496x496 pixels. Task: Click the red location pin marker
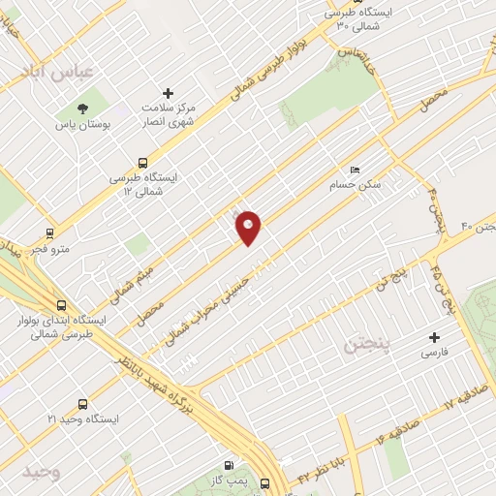click(249, 228)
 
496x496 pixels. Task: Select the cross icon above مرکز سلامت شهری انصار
click(169, 93)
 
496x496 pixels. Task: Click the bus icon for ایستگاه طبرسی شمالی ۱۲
click(142, 163)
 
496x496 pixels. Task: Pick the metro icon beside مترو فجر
click(49, 232)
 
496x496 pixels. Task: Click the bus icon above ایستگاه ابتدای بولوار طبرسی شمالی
click(62, 303)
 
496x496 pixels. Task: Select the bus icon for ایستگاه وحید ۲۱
click(83, 403)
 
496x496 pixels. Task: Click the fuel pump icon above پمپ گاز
click(230, 465)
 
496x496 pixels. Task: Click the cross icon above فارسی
click(433, 338)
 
